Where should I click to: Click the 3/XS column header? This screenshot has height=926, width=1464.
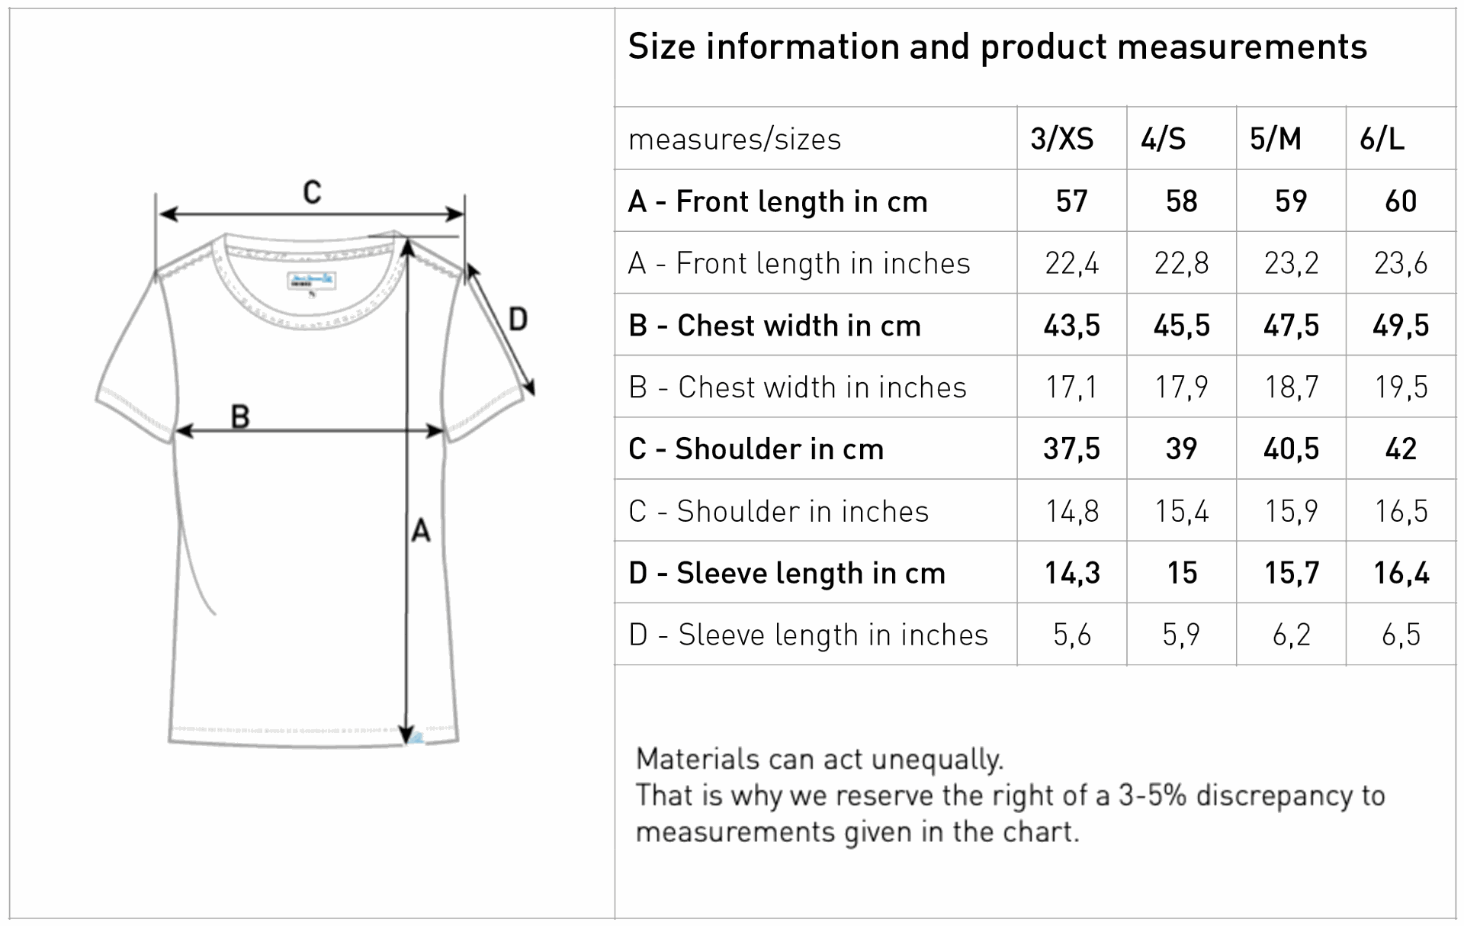[1061, 139]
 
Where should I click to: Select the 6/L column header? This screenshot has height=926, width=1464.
[1382, 139]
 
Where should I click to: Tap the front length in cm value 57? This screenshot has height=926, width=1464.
[1071, 201]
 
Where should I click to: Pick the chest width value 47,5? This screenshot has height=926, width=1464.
[1291, 326]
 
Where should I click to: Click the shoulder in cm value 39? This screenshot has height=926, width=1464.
[1181, 449]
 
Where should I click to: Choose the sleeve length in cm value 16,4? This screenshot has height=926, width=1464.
[1401, 573]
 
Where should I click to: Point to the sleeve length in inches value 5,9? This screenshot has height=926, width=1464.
[1181, 635]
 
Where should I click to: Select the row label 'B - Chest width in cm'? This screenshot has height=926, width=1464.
[775, 326]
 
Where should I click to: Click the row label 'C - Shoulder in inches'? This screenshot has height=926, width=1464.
[779, 511]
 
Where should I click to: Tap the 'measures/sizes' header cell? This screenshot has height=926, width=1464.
[734, 140]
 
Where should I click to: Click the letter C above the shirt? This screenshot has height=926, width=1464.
[312, 192]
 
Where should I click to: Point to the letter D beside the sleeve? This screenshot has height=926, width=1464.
[518, 319]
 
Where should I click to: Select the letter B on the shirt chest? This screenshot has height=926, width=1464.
[240, 416]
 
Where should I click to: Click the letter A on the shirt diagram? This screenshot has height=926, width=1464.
[421, 529]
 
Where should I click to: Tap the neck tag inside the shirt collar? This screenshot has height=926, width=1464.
[311, 280]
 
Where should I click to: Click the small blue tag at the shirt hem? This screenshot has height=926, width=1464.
[416, 737]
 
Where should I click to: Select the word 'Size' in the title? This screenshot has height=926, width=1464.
[662, 47]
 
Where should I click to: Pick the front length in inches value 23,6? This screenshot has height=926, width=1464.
[1401, 263]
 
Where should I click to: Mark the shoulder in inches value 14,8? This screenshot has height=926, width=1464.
[1071, 511]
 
